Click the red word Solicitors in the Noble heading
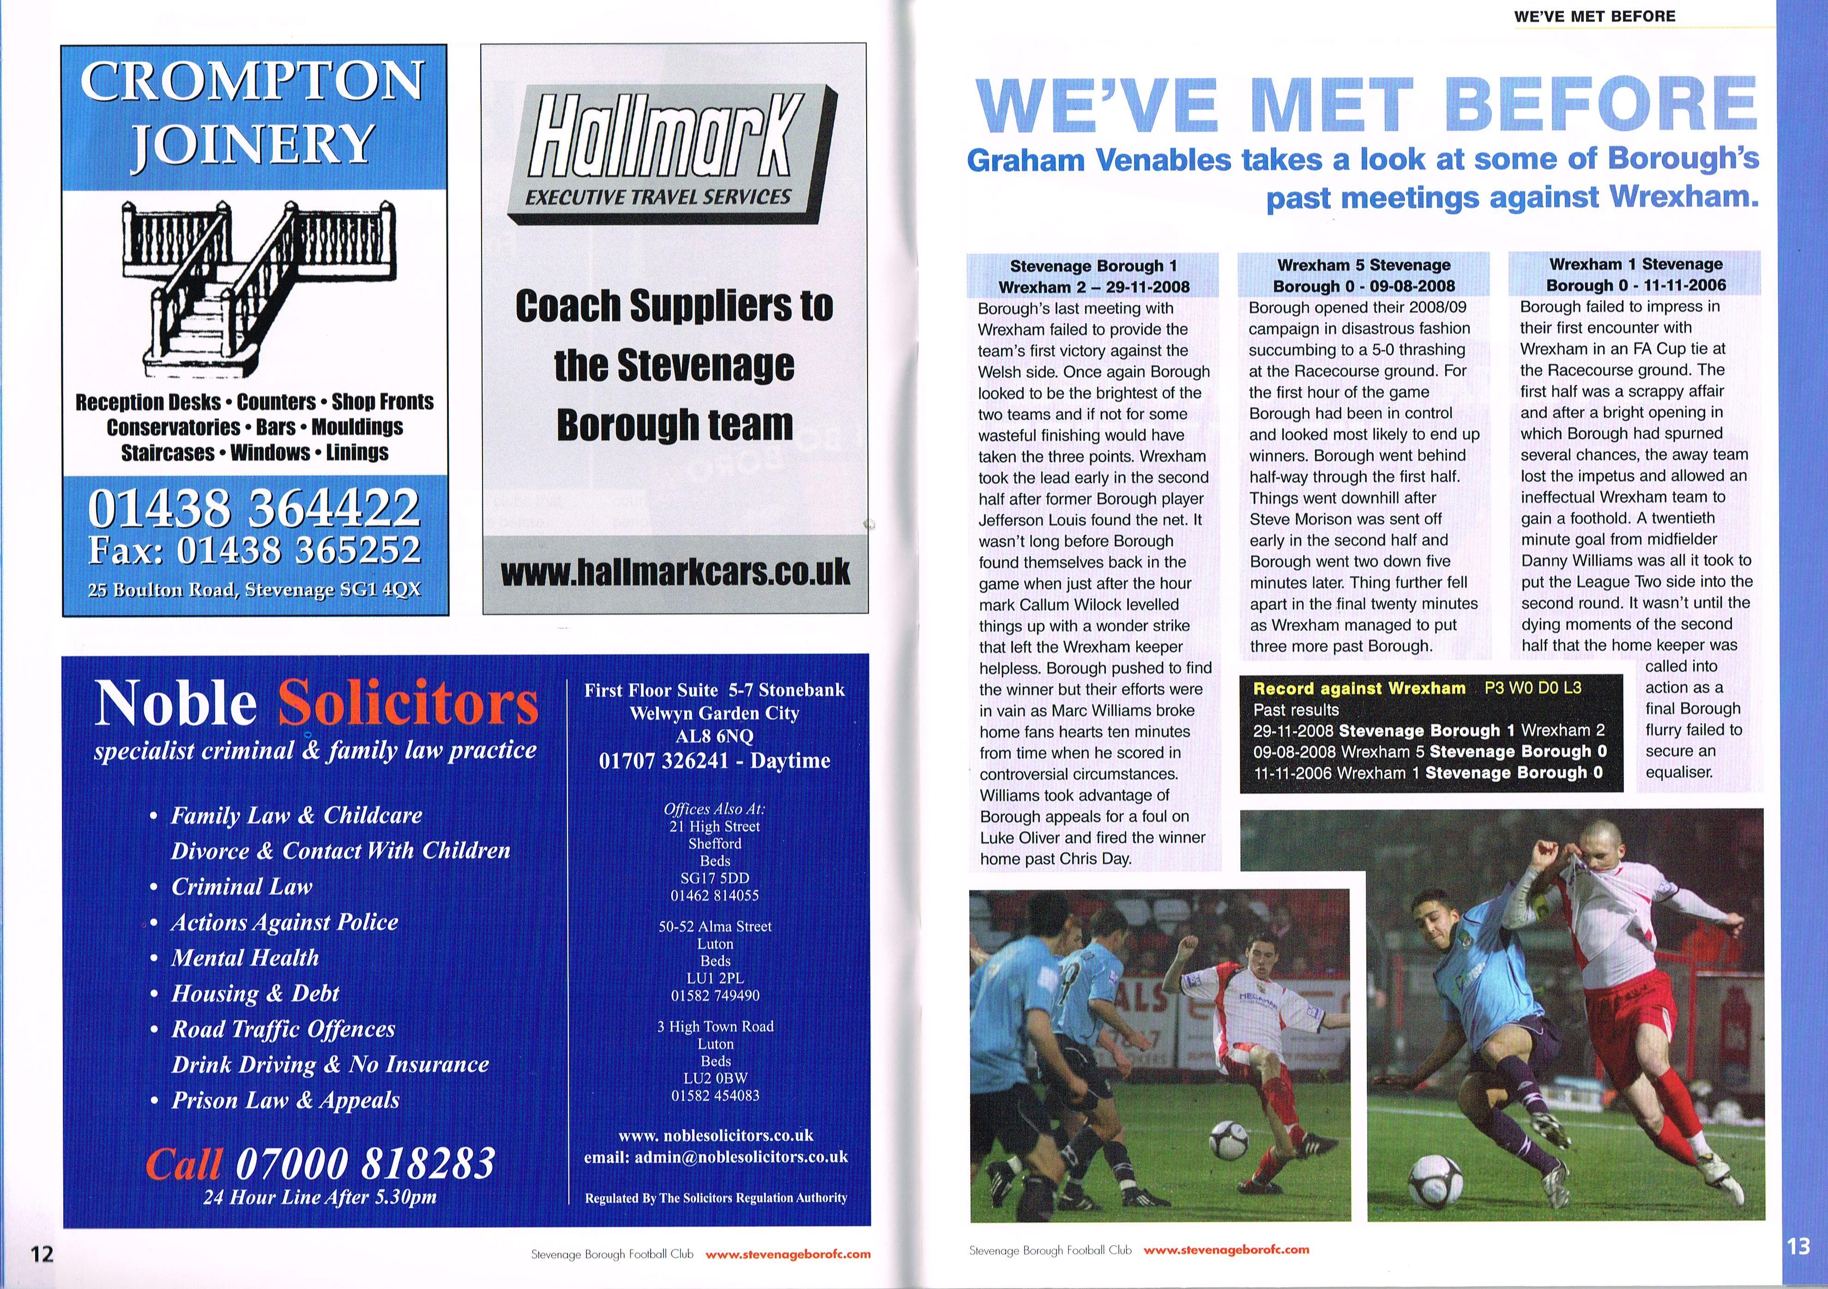click(408, 704)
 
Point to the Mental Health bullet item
click(244, 958)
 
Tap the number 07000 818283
click(365, 1163)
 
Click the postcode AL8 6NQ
click(714, 736)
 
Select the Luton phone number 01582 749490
click(715, 996)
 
